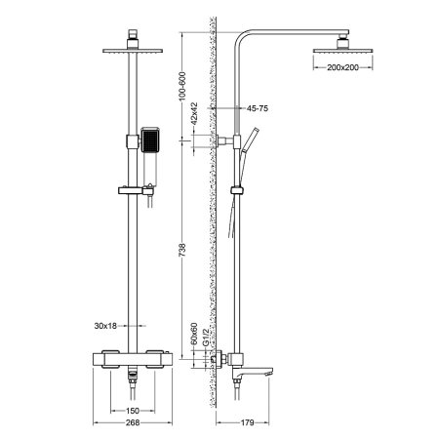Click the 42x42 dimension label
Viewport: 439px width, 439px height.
pos(193,118)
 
